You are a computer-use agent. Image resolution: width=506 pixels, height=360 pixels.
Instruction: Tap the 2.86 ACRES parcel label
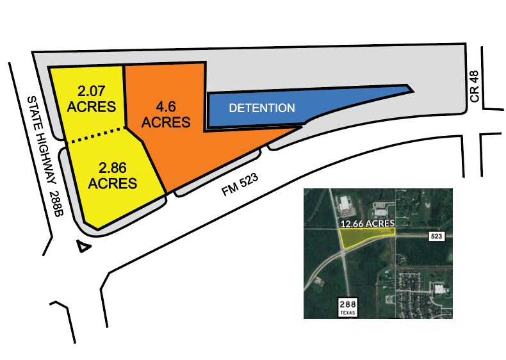(113, 176)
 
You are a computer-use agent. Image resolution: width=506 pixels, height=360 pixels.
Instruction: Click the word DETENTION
(262, 108)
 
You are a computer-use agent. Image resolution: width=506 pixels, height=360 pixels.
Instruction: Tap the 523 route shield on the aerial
(437, 236)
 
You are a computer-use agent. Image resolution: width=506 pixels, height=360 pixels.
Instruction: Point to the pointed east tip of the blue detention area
(407, 87)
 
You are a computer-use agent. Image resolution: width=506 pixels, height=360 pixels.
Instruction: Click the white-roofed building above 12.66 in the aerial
(347, 204)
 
